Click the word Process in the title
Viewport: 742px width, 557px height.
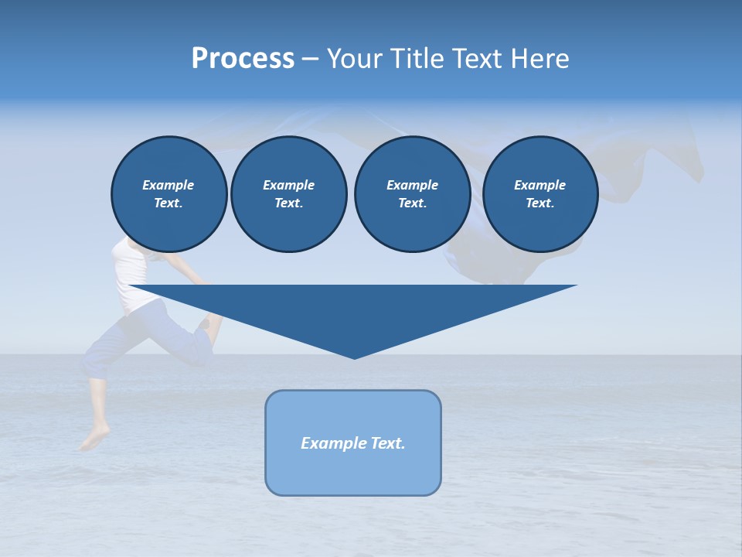click(x=243, y=58)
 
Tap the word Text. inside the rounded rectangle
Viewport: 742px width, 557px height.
click(x=387, y=443)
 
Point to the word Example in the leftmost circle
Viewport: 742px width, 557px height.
click(x=168, y=185)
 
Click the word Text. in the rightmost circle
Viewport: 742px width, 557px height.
click(x=539, y=203)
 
